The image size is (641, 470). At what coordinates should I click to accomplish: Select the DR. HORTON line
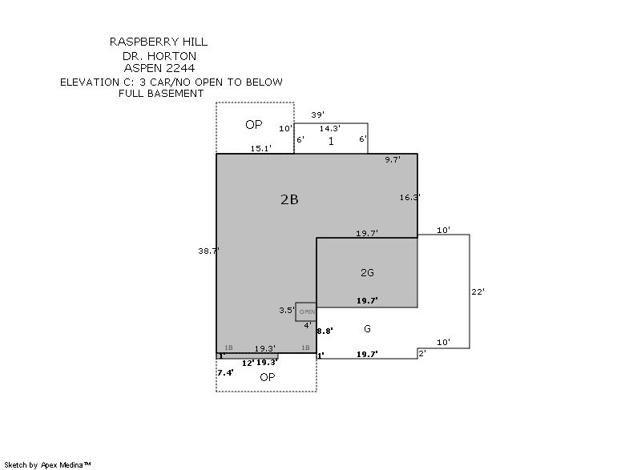tap(159, 56)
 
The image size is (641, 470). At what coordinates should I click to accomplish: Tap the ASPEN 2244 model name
tap(159, 68)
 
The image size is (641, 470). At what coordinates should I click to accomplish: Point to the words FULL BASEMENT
tap(160, 94)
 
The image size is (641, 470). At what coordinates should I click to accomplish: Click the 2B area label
tap(289, 200)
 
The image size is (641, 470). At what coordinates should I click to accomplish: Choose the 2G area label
tap(367, 273)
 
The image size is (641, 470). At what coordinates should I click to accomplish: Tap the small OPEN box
tap(306, 311)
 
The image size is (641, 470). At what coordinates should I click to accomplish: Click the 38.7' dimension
tap(208, 251)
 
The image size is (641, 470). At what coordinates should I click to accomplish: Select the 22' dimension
tap(478, 291)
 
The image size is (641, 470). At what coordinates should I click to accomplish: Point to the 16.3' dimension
tap(409, 196)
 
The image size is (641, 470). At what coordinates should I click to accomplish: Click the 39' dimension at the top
tap(317, 115)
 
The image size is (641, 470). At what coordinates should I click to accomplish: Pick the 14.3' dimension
tap(330, 128)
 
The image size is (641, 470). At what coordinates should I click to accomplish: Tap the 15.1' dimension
tap(261, 148)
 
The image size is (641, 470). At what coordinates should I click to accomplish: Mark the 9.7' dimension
tap(393, 160)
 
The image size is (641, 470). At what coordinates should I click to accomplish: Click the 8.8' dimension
tap(325, 330)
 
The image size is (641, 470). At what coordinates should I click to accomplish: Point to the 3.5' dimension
tap(286, 310)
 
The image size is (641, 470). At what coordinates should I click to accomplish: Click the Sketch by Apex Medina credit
tap(48, 464)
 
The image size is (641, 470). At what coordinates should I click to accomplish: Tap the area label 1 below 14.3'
tap(331, 141)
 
